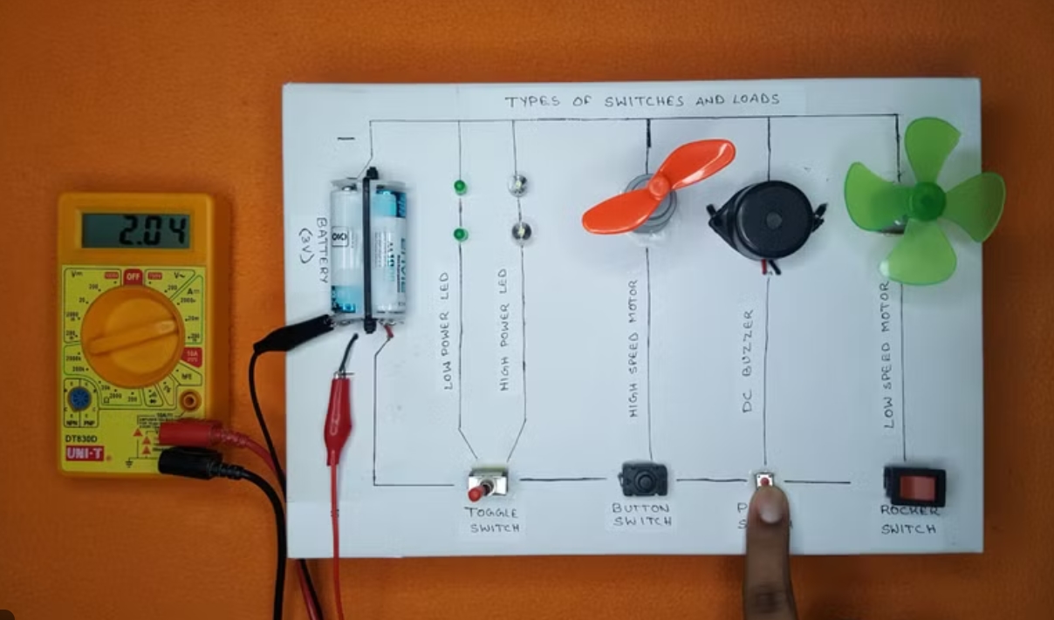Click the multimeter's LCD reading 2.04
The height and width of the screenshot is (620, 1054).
[x=136, y=230]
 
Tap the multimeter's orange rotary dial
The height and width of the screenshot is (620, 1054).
[x=133, y=335]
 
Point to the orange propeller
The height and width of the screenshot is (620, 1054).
[x=659, y=186]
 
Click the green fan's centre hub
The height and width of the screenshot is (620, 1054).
[x=925, y=201]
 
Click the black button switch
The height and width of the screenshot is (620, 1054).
[x=644, y=480]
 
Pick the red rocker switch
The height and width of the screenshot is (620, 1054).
[x=914, y=485]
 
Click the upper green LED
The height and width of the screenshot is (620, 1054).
[x=459, y=187]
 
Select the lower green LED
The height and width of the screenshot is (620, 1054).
[x=459, y=234]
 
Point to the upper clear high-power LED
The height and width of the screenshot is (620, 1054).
[x=518, y=184]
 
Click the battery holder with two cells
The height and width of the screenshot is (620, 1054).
[x=370, y=248]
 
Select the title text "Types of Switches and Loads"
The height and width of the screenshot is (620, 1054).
[x=641, y=100]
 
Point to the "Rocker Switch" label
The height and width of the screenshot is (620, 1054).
[x=909, y=520]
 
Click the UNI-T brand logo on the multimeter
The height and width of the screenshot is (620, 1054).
[x=89, y=453]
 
